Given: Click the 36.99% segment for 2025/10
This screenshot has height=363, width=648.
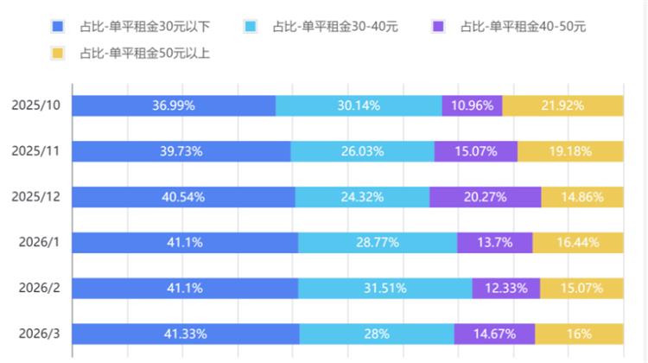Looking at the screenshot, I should point(174,105).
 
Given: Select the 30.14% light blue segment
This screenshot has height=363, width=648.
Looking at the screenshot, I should point(359,105).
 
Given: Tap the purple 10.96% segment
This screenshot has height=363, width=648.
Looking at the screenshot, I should point(472,105).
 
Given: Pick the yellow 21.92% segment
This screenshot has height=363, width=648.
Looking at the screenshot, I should point(562,105).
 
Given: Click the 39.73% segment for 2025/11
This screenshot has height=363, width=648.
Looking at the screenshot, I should point(181,151).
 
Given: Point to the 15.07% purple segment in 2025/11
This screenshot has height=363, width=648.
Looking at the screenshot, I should point(476,151).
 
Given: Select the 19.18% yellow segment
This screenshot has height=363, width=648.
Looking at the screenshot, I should point(570,151).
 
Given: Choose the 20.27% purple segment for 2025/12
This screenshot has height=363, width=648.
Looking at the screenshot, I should point(486,197).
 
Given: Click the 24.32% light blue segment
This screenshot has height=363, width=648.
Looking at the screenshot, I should point(362,197).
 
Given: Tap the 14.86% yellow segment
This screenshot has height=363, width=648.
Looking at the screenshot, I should point(582,197).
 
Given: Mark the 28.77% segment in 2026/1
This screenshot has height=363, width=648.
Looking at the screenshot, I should point(378,243).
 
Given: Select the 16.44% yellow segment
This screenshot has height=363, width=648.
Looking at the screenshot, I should point(578,243).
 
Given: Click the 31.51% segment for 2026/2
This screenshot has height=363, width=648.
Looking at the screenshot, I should point(385,289).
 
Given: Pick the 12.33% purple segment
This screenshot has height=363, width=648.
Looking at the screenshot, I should point(506,289).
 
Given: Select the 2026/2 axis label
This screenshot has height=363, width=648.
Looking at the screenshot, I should point(38,289).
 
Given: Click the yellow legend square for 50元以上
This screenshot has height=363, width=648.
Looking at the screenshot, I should point(58,54).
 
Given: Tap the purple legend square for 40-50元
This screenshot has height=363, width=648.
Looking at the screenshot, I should point(437,27).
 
